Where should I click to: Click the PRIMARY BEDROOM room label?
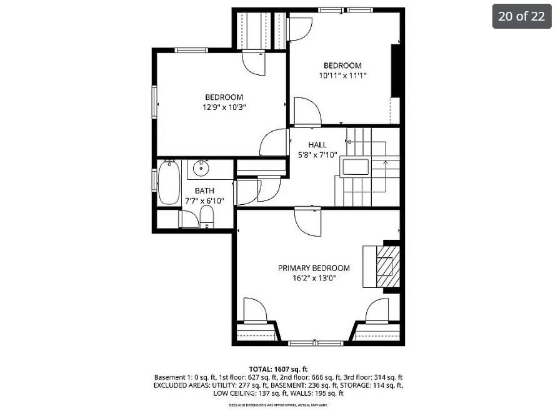click(x=314, y=268)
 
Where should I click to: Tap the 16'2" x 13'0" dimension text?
click(x=314, y=278)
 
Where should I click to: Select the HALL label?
click(x=317, y=145)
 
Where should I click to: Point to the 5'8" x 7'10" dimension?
click(x=317, y=155)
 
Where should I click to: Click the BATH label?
click(x=204, y=190)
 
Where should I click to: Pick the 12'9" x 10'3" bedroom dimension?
click(x=224, y=107)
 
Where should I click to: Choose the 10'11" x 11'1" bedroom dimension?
click(x=342, y=76)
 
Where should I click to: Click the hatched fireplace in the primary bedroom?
click(x=387, y=267)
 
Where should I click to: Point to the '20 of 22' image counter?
click(x=521, y=16)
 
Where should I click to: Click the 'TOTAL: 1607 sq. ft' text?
click(x=278, y=369)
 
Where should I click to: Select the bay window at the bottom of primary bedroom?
click(x=316, y=343)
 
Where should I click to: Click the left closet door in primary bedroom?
click(x=255, y=311)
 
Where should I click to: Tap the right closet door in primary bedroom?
click(x=377, y=311)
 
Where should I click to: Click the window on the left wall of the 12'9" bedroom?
click(x=154, y=102)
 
